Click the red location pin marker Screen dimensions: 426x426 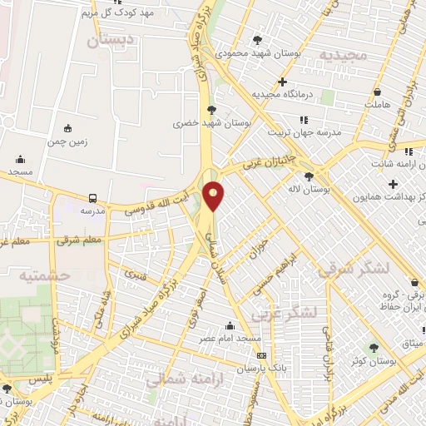[x=214, y=196]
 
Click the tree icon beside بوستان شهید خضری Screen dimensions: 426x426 [x=211, y=109]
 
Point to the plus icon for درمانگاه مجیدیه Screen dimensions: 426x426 [x=283, y=82]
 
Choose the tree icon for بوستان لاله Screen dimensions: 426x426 [x=310, y=176]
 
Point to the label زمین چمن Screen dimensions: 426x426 [x=68, y=142]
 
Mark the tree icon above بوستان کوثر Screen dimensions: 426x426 [x=373, y=347]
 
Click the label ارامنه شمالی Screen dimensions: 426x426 [x=176, y=381]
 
